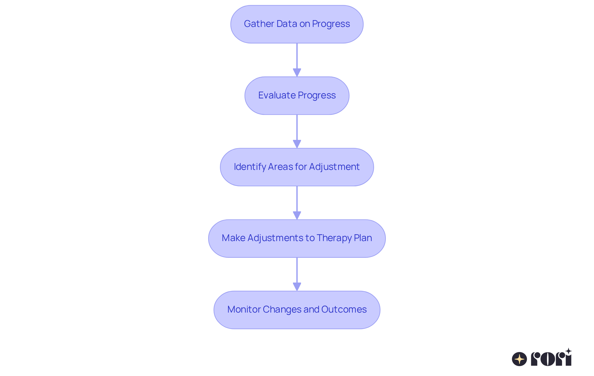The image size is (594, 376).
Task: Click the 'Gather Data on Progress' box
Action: pyautogui.click(x=297, y=24)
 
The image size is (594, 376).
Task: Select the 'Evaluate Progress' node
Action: pyautogui.click(x=297, y=96)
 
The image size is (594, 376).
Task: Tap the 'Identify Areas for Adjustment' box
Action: pyautogui.click(x=297, y=167)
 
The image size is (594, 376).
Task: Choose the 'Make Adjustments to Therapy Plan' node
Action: pyautogui.click(x=297, y=238)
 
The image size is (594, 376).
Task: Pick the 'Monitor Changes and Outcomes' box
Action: pyautogui.click(x=297, y=310)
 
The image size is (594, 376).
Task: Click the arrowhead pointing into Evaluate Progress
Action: pyautogui.click(x=297, y=72)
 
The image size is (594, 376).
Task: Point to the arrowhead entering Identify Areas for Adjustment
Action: pyautogui.click(x=297, y=144)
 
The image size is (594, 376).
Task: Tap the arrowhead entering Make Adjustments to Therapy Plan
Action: pyautogui.click(x=297, y=215)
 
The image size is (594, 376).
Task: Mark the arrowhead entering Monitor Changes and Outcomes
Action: pyautogui.click(x=297, y=287)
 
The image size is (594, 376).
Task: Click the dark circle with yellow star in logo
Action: pyautogui.click(x=519, y=359)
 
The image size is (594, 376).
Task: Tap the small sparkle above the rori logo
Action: pyautogui.click(x=568, y=351)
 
